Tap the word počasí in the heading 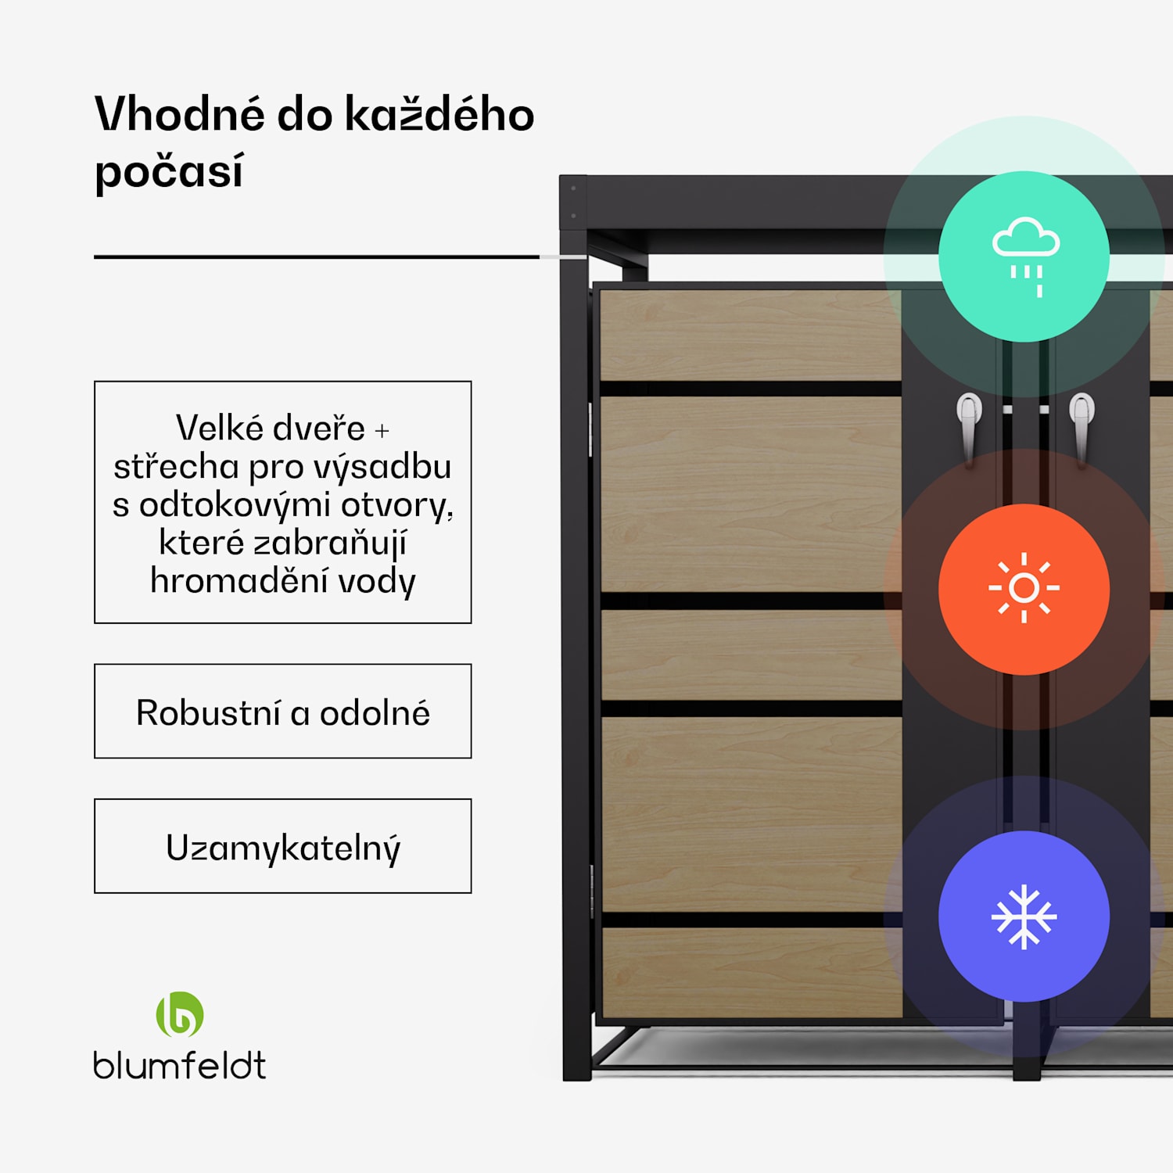(x=169, y=171)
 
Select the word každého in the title (x=439, y=114)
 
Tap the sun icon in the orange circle (x=1024, y=588)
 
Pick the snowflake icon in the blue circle (x=1024, y=917)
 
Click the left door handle (x=969, y=426)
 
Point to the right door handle (x=1082, y=426)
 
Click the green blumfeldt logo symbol (x=180, y=1014)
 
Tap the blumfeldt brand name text (x=180, y=1066)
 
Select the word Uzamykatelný (x=283, y=848)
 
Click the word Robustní (x=208, y=712)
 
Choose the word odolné (x=375, y=712)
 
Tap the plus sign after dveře (x=382, y=430)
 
